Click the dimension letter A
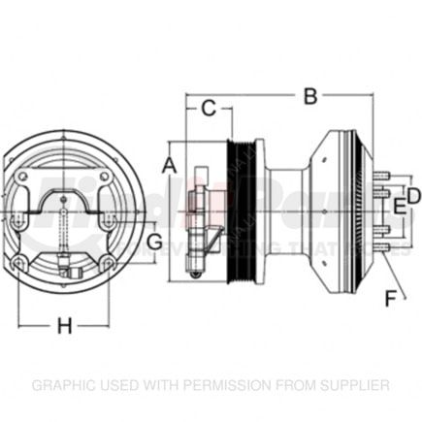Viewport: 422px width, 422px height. point(169,166)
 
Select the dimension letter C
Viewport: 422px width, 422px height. point(208,109)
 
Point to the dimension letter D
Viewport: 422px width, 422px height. point(413,196)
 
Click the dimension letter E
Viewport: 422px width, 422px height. point(396,207)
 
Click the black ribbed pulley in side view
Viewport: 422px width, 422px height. point(241,209)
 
